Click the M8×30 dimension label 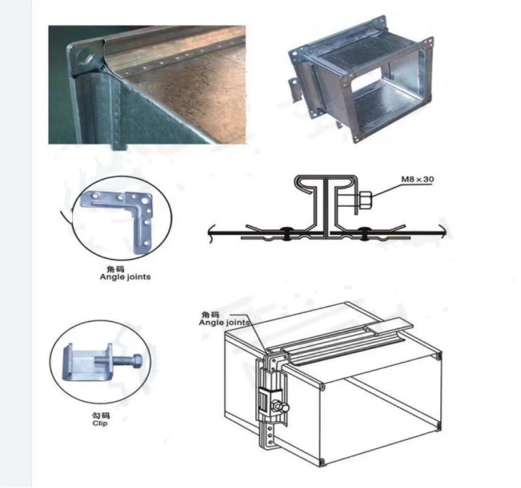417,179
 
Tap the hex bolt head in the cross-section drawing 365,200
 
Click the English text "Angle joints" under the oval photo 125,277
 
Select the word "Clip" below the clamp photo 100,423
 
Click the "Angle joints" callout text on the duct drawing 224,322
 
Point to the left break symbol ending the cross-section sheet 210,233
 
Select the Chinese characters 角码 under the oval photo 115,269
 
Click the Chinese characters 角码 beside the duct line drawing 210,314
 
